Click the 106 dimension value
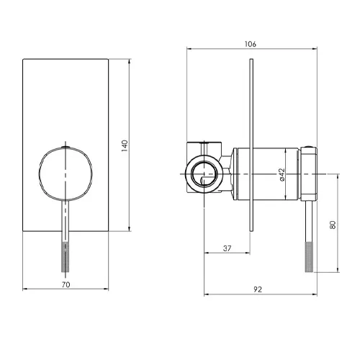coord(251,44)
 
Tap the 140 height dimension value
coord(125,145)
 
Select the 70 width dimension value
coord(66,284)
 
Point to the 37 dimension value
coord(227,248)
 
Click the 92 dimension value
coord(258,289)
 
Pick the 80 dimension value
coord(333,225)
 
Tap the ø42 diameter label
coord(282,174)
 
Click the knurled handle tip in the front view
coord(66,257)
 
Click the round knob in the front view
coord(66,174)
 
